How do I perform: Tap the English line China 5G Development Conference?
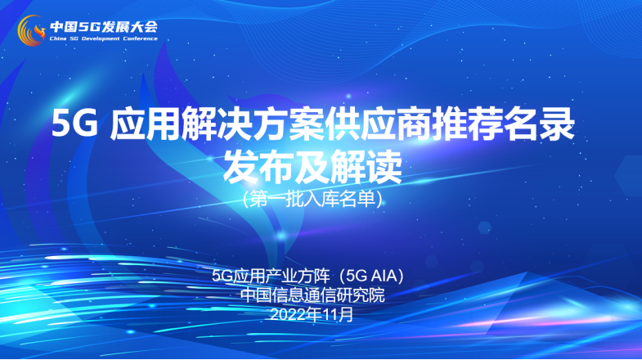click(x=103, y=38)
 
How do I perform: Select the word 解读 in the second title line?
click(x=368, y=168)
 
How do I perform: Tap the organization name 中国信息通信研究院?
click(x=312, y=295)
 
